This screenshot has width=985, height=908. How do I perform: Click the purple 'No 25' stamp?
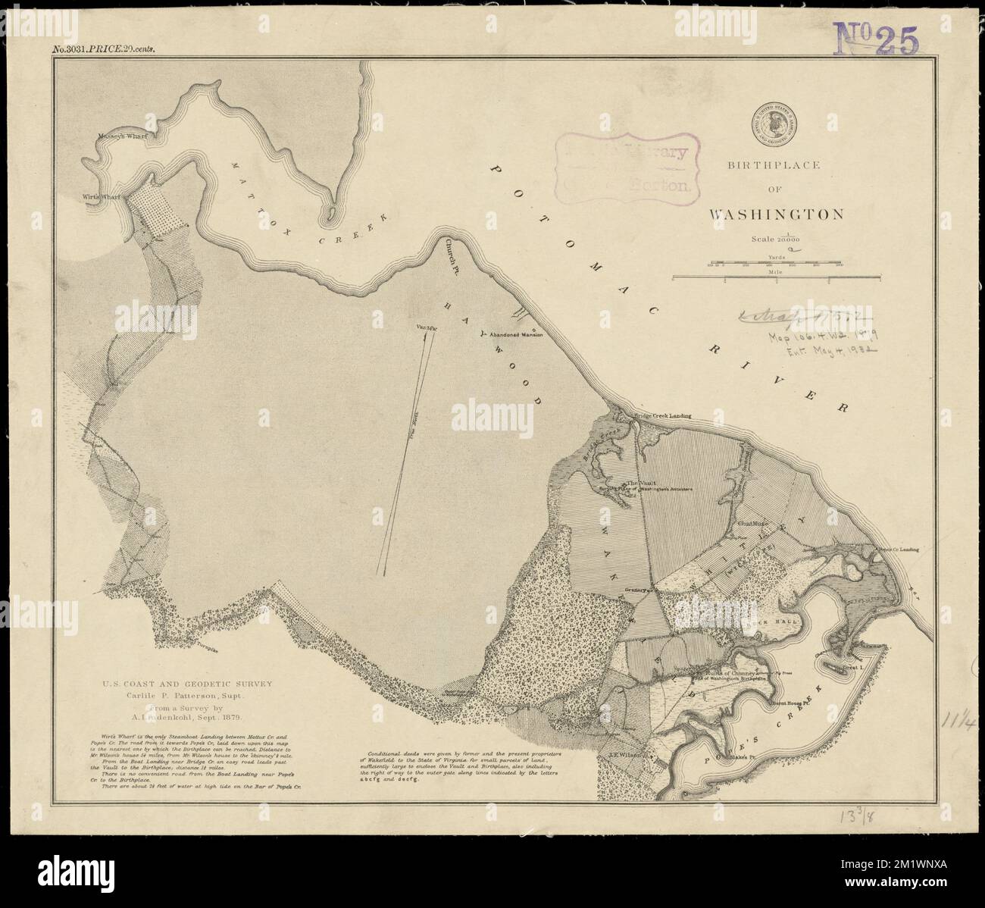pos(876,39)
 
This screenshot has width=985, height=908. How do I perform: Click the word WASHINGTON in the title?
pos(776,214)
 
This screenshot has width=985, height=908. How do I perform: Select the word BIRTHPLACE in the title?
pos(774,165)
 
